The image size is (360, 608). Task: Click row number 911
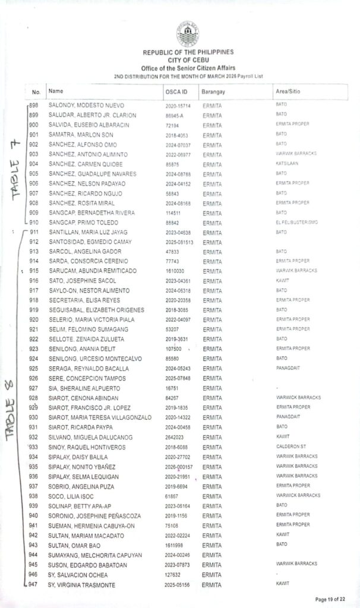click(x=34, y=232)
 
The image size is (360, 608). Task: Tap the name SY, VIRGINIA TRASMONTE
click(x=85, y=585)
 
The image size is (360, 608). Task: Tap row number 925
click(x=34, y=369)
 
